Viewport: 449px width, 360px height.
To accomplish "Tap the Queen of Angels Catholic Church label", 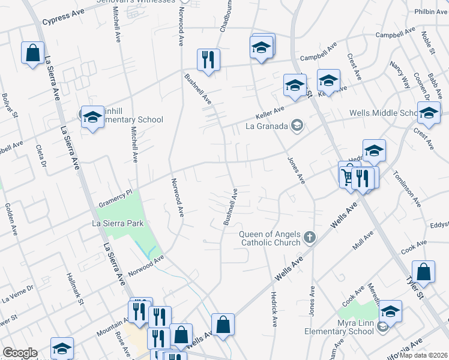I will (270, 238).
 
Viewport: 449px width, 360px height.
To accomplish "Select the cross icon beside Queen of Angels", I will (309, 238).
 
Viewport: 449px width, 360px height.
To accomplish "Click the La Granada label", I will (267, 126).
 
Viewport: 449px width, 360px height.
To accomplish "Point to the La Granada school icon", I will (296, 125).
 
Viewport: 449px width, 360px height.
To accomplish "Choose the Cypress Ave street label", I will (62, 19).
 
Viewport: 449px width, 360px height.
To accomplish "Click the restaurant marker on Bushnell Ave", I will (208, 60).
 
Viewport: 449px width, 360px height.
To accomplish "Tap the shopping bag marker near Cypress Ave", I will (32, 52).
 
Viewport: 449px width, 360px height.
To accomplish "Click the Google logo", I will (20, 353).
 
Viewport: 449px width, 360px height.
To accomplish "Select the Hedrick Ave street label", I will (273, 309).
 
